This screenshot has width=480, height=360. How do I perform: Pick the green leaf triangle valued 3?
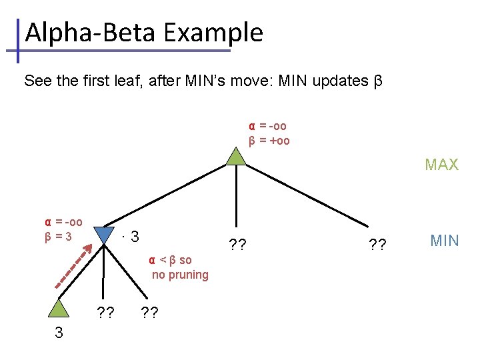(x=59, y=307)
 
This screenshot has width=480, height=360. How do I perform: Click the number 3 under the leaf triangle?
(x=59, y=333)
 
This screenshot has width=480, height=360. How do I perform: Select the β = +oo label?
(x=269, y=141)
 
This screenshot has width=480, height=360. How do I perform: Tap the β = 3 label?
(x=63, y=235)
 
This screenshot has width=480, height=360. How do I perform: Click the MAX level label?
(x=442, y=165)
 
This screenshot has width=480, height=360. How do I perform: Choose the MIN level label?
(x=445, y=241)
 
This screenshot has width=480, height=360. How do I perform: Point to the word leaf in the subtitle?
(x=125, y=81)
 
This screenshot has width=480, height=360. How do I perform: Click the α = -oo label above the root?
(x=268, y=126)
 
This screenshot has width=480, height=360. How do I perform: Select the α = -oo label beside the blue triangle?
(x=63, y=222)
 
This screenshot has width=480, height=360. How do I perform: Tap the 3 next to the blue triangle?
(x=135, y=237)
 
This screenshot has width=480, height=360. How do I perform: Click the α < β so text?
(x=170, y=260)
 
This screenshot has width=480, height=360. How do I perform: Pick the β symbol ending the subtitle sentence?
(x=377, y=82)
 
